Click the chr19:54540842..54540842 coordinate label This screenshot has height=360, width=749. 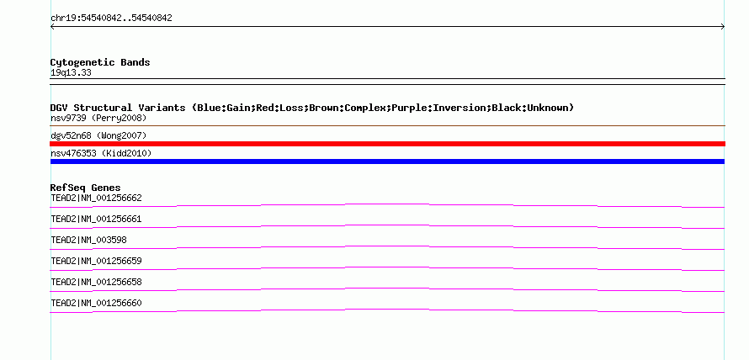click(111, 19)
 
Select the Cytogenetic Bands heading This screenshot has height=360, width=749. click(100, 62)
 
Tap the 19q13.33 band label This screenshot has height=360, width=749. click(71, 73)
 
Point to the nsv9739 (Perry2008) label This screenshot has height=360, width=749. click(98, 118)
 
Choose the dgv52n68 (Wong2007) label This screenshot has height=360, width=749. click(98, 136)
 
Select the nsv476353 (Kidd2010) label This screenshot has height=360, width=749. click(101, 153)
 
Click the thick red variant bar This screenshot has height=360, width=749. click(387, 144)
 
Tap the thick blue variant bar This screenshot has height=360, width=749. click(387, 161)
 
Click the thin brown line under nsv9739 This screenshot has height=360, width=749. click(387, 125)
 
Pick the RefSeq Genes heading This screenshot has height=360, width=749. click(86, 188)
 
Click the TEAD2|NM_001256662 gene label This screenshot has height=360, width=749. click(96, 199)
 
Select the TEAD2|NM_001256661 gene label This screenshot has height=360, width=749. click(96, 220)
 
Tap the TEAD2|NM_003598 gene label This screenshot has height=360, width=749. click(89, 241)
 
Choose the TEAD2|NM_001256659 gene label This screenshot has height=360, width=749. click(96, 261)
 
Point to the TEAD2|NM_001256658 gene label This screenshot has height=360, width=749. click(96, 282)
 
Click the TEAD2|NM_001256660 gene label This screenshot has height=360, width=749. click(96, 303)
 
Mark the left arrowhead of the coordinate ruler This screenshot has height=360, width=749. click(51, 27)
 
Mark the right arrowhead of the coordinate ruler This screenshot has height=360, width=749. click(724, 27)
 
